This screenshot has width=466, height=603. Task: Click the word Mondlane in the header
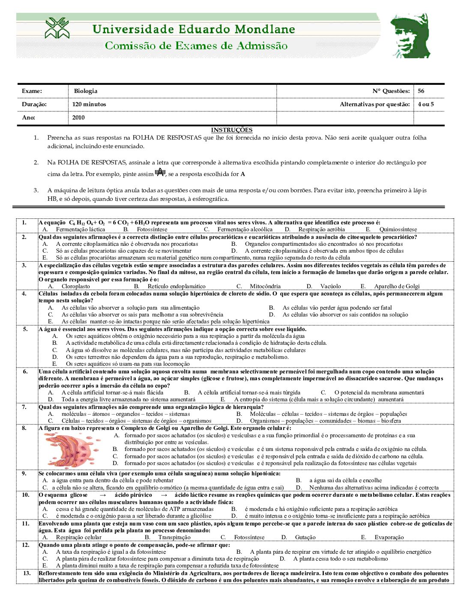(264, 29)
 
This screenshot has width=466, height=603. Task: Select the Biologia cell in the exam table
(86, 91)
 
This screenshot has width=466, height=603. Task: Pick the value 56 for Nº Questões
(421, 91)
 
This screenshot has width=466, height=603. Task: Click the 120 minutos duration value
(89, 104)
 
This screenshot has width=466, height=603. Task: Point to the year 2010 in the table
(78, 117)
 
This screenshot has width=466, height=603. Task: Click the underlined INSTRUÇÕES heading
(232, 130)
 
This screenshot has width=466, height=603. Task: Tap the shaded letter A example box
(160, 172)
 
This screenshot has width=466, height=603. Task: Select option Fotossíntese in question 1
(152, 230)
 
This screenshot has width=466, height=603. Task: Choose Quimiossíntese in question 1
(398, 230)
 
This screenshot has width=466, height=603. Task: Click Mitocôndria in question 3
(265, 287)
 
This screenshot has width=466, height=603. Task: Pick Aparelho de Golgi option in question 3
(397, 287)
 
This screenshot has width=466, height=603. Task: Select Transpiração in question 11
(174, 537)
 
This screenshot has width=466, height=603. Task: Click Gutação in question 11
(305, 537)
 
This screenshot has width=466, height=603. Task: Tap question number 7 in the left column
(24, 407)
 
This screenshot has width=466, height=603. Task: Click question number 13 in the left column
(27, 573)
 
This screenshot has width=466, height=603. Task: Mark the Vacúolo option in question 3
(331, 287)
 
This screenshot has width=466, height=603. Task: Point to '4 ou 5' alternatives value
(426, 104)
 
